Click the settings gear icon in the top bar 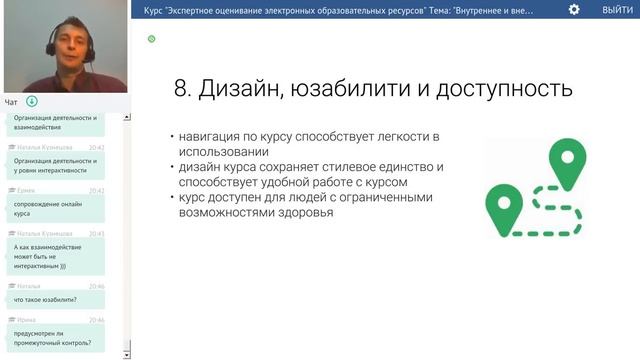tap(573, 9)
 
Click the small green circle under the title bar tap(151, 39)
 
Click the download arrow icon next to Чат tap(32, 101)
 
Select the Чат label tap(11, 101)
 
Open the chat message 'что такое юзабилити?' tap(46, 299)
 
